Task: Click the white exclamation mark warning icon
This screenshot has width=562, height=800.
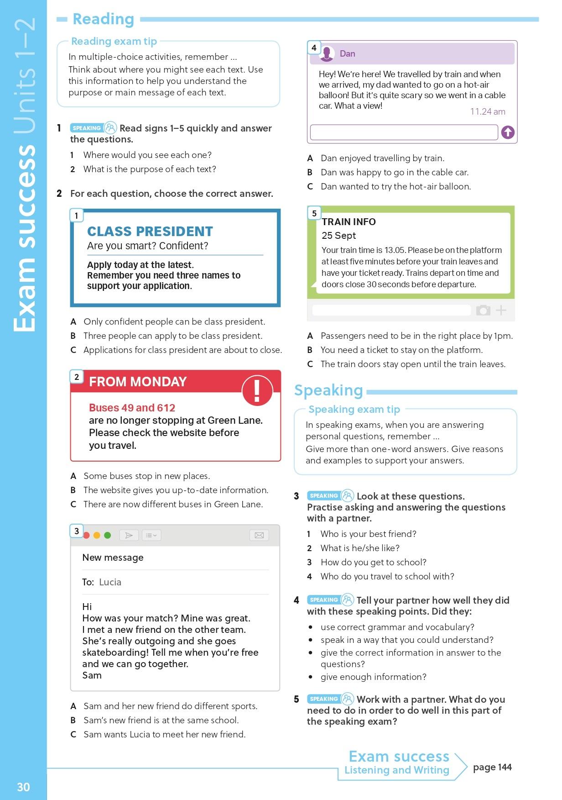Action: tap(257, 391)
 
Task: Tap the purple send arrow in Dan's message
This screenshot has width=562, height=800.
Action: tap(508, 132)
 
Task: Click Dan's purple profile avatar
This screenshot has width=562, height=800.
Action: tap(327, 54)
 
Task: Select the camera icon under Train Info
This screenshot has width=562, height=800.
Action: tap(483, 311)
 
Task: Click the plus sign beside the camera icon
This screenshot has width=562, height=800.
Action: tap(501, 311)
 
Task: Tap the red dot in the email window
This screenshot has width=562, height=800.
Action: tap(87, 535)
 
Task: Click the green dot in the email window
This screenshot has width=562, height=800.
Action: tap(108, 535)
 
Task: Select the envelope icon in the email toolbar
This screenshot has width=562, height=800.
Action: tap(259, 535)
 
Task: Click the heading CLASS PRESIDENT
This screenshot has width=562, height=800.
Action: tap(150, 232)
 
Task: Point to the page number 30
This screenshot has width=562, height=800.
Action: tap(23, 787)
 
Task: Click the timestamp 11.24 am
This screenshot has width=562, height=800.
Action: tap(488, 111)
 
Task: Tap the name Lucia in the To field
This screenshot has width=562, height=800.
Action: tap(110, 582)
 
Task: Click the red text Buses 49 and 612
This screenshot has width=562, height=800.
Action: tap(132, 408)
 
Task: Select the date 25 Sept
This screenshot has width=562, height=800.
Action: tap(338, 236)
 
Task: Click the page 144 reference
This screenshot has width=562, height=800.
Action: tap(492, 767)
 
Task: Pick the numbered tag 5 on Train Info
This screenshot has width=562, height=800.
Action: tap(314, 213)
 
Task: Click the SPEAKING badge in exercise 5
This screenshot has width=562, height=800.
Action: tap(323, 699)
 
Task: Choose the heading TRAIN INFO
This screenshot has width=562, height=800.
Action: tap(349, 222)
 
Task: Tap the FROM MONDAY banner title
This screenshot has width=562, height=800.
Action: tap(138, 382)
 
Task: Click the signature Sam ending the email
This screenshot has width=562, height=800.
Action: tap(92, 675)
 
